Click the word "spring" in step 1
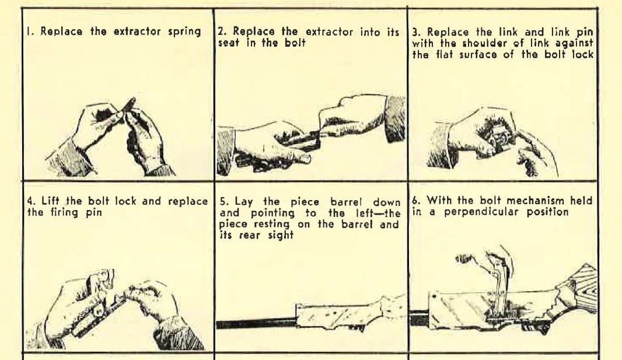[x=184, y=32]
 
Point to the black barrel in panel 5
[x=257, y=323]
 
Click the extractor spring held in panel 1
[x=128, y=105]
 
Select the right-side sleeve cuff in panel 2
[x=395, y=118]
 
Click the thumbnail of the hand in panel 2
[x=305, y=159]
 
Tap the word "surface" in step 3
[x=478, y=54]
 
